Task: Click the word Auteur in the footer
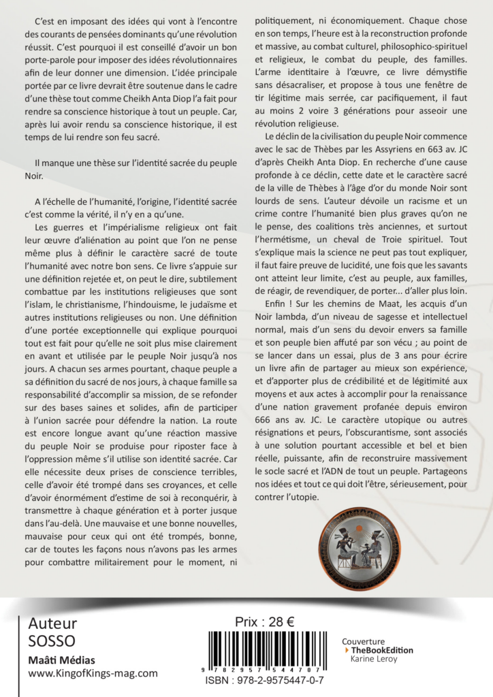pyautogui.click(x=52, y=623)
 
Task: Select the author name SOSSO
pyautogui.click(x=52, y=641)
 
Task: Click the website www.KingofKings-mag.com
pyautogui.click(x=93, y=673)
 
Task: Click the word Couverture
pyautogui.click(x=363, y=641)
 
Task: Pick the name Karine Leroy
pyautogui.click(x=373, y=659)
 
